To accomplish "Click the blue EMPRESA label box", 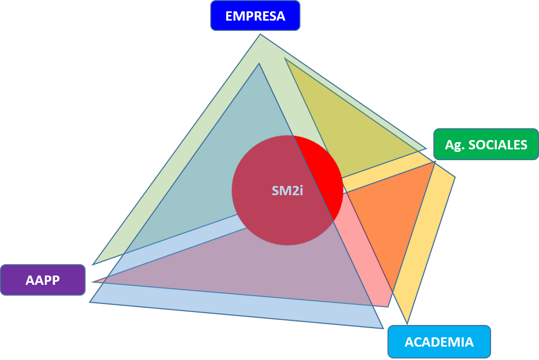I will point(255,16).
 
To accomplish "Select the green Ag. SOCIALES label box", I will point(486,145).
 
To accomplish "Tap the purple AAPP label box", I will point(43,280).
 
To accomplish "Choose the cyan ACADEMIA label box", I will point(439,342).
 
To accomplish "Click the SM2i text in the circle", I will point(287,191).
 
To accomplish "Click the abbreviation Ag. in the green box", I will point(454,145).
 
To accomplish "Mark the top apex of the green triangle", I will point(260,36).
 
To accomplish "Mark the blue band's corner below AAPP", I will point(92,301).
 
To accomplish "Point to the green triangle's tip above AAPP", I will point(94,264).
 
